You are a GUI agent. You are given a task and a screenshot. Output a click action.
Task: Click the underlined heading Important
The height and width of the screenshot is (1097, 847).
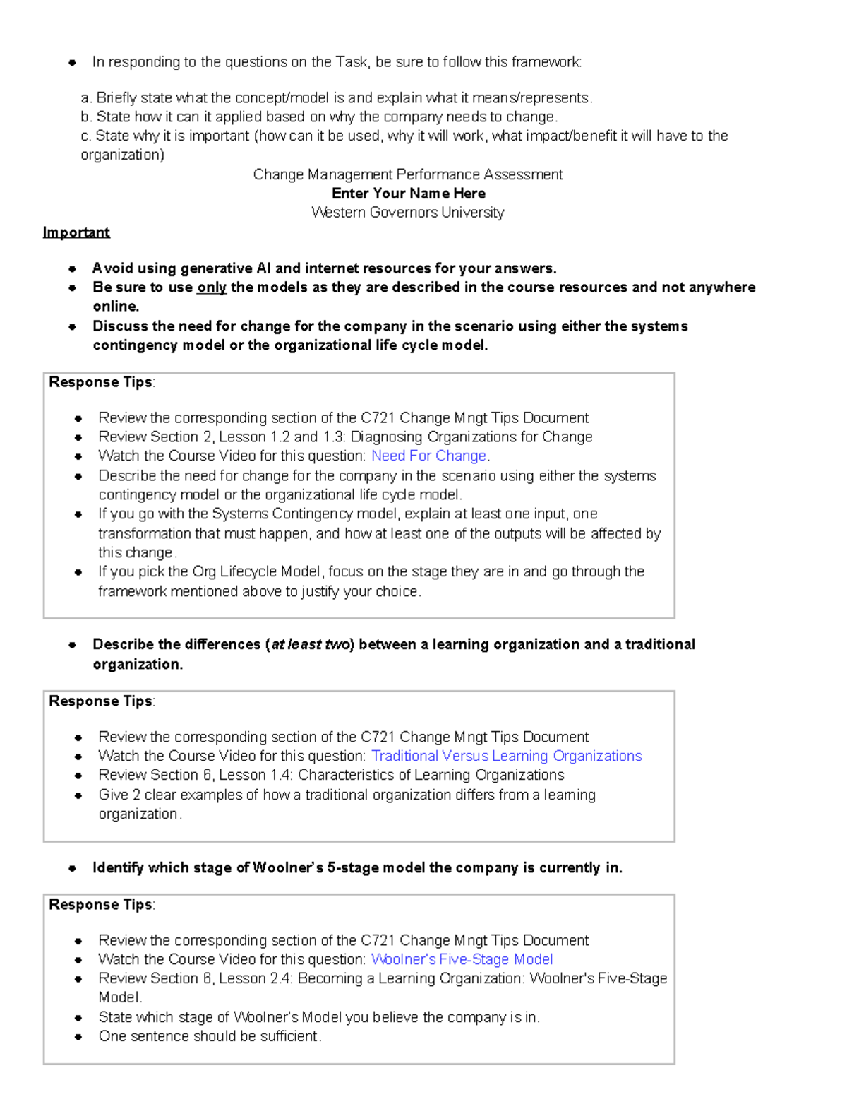76,232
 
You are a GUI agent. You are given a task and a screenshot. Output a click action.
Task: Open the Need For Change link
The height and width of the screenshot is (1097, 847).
429,456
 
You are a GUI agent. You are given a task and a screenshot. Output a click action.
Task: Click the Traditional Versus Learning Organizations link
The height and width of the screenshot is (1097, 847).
506,757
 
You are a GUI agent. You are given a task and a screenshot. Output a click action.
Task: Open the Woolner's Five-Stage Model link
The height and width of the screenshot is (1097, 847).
462,960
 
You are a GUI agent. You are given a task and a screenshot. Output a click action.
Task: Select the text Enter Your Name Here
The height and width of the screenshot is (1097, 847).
408,194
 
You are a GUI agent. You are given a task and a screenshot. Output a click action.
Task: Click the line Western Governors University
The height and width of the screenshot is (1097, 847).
407,213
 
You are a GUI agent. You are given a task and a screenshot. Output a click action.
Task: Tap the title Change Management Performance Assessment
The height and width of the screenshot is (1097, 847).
407,174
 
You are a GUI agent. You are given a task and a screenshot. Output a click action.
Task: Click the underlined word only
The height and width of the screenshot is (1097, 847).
211,287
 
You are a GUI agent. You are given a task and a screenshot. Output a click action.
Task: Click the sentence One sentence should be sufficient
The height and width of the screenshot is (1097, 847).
210,1037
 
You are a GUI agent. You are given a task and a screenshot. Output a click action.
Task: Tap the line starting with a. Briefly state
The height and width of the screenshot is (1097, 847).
337,98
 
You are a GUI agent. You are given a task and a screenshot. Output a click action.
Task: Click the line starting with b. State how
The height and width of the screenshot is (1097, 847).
319,117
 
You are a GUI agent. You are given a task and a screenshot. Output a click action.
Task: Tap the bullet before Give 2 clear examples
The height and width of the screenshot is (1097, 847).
78,795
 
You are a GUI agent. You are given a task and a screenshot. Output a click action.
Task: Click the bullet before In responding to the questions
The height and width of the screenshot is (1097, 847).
72,63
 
